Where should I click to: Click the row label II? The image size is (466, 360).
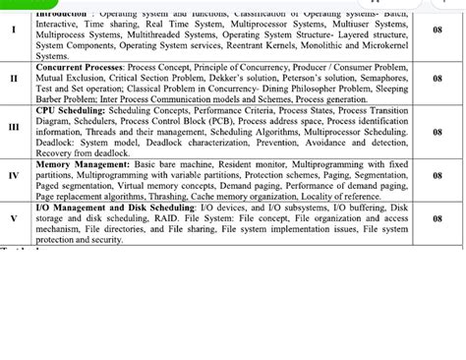pos(14,75)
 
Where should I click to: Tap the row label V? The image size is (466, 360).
pos(14,215)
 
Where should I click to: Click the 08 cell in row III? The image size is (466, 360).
pos(437,125)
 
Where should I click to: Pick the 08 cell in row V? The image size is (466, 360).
pos(437,215)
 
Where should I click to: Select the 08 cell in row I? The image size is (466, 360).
pos(437,30)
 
